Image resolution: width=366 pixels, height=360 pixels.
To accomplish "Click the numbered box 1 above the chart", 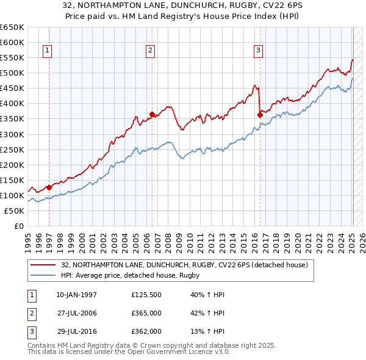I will (47, 51).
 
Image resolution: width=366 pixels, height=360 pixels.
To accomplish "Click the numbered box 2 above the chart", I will (150, 51).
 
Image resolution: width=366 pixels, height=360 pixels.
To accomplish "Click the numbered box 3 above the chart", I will (258, 51).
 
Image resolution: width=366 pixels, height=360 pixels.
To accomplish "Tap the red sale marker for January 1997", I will (49, 187).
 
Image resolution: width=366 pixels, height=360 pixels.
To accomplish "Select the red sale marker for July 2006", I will (152, 113).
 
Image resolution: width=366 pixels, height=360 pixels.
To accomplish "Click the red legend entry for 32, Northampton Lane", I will (187, 265).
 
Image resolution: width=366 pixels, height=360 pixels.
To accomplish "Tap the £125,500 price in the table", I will (146, 295).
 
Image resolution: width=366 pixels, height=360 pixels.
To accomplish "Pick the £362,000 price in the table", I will (146, 331).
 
